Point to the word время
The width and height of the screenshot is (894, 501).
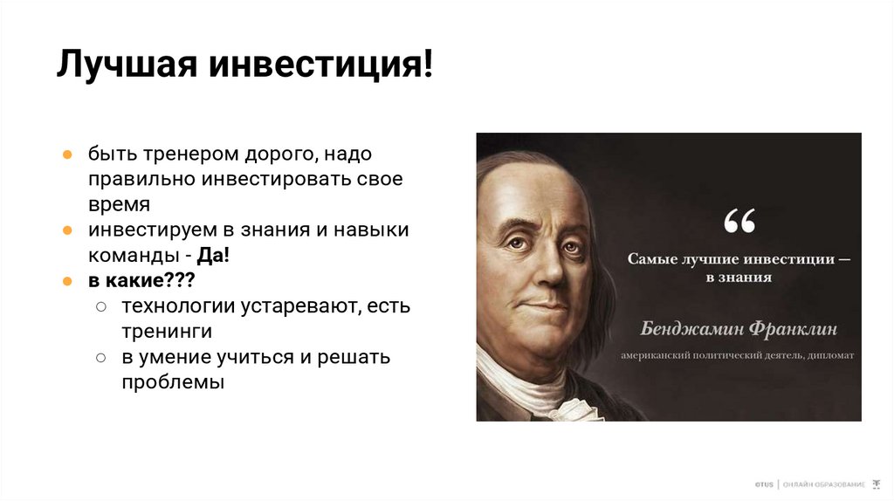[x=119, y=205]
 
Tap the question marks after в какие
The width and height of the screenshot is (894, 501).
[x=175, y=281]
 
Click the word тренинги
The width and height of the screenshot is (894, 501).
[x=167, y=332]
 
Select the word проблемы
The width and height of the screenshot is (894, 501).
[x=173, y=382]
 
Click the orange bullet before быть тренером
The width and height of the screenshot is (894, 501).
[x=66, y=154]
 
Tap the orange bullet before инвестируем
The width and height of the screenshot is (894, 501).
[x=66, y=231]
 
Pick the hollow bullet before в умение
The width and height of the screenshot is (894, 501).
[x=101, y=358]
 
